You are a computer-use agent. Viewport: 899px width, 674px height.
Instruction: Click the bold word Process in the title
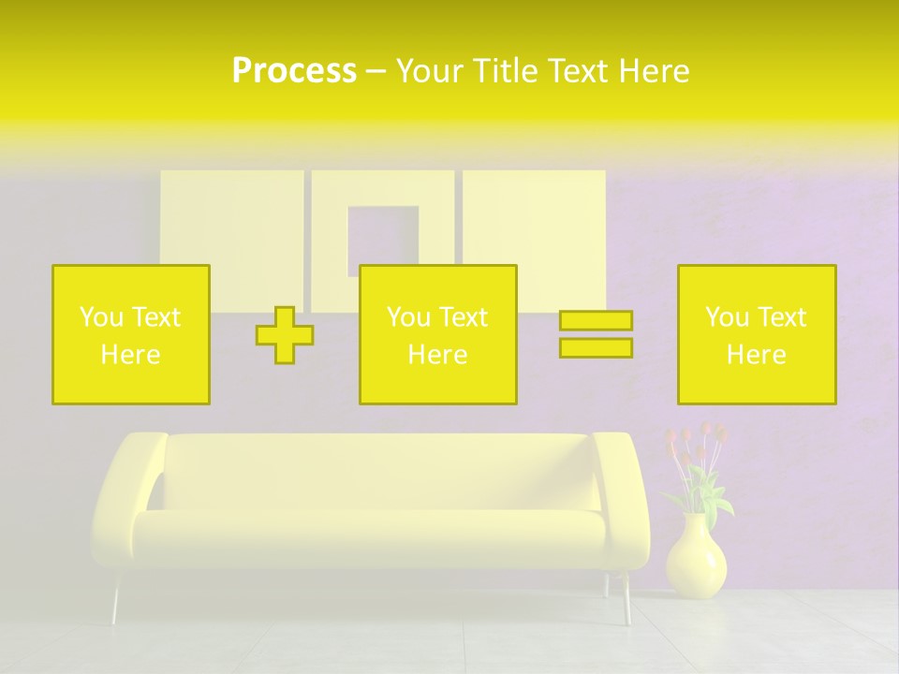pyautogui.click(x=294, y=71)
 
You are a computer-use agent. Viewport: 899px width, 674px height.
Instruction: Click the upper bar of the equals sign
pyautogui.click(x=596, y=321)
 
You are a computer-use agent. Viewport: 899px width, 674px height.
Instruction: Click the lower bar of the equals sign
pyautogui.click(x=596, y=347)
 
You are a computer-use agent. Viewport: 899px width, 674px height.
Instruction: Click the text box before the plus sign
pyautogui.click(x=131, y=334)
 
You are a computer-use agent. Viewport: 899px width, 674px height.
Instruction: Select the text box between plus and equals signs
pyautogui.click(x=437, y=334)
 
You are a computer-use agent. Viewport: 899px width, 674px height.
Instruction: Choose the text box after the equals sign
pyautogui.click(x=756, y=334)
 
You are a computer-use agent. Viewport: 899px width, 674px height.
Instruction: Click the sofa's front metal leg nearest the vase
pyautogui.click(x=626, y=599)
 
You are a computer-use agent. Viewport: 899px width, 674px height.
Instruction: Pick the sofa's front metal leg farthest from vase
pyautogui.click(x=116, y=599)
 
